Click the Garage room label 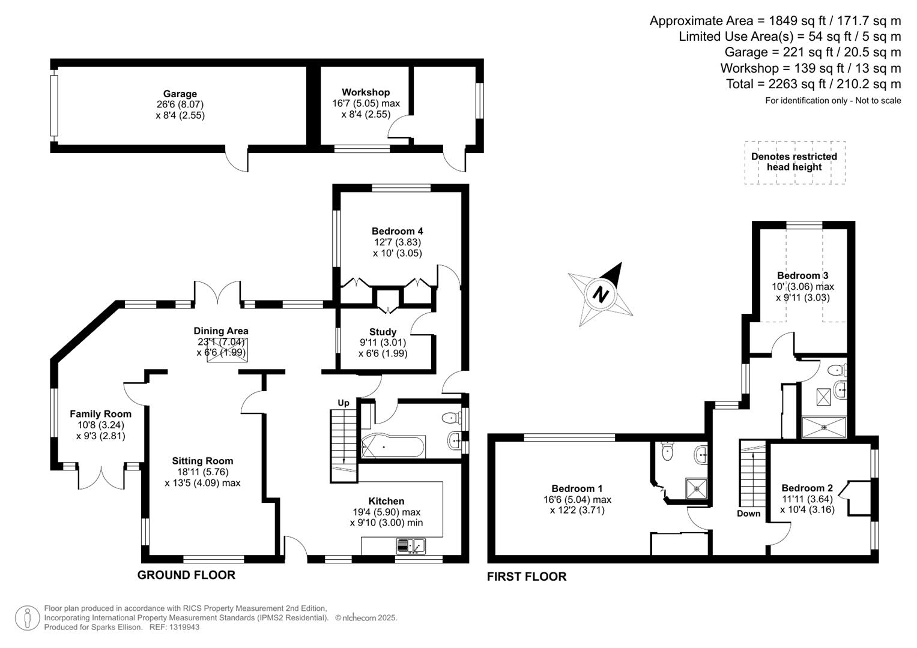click(180, 94)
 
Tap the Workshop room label click(366, 92)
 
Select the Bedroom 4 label click(397, 231)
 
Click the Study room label click(383, 332)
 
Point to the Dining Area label click(220, 331)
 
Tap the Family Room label click(100, 414)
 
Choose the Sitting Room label click(202, 461)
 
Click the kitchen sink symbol click(411, 546)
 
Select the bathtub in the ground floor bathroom click(393, 447)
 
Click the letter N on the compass click(600, 294)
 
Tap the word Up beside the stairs click(343, 403)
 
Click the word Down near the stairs click(748, 514)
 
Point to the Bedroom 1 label click(577, 488)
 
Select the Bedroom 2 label click(807, 488)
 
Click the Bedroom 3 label click(802, 275)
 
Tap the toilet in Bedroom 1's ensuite click(667, 451)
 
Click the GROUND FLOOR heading click(186, 575)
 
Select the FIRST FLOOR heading click(527, 577)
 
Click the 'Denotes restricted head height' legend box click(794, 162)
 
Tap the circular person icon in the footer click(28, 618)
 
